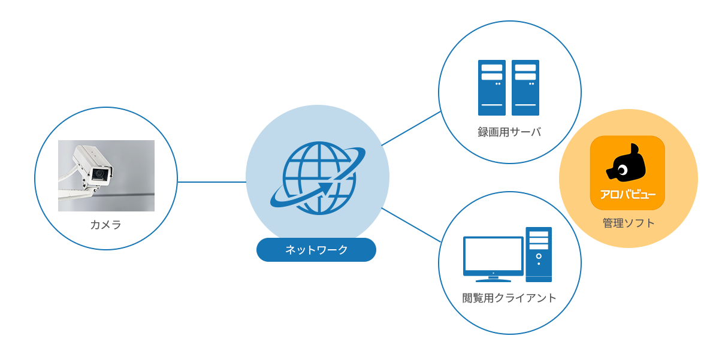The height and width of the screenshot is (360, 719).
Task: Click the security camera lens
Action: (100, 174)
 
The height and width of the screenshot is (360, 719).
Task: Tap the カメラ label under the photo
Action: (105, 225)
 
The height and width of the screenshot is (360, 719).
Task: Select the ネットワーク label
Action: (316, 250)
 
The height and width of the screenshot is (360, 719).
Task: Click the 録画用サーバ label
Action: (509, 132)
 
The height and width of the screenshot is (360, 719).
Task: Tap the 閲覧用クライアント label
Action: (509, 298)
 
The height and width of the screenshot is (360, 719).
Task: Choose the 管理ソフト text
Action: (628, 223)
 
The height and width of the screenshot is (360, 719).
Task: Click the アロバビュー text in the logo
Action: (627, 195)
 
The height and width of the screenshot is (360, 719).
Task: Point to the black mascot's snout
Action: (611, 174)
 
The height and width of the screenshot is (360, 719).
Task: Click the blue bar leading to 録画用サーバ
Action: (411, 128)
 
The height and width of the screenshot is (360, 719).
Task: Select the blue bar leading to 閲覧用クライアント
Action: (411, 225)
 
